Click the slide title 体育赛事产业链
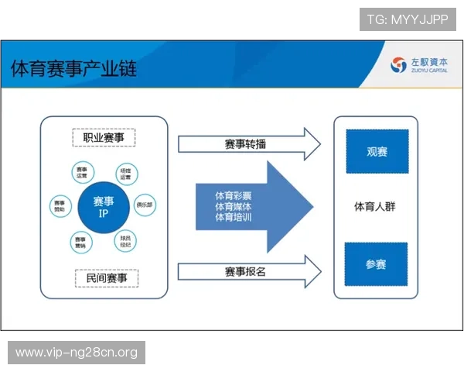click(73, 69)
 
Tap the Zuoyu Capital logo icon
click(399, 65)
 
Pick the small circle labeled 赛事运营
click(82, 172)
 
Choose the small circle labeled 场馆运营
click(125, 172)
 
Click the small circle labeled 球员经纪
click(125, 240)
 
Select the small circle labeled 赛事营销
click(81, 242)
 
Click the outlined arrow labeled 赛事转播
click(247, 143)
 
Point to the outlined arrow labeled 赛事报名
click(247, 272)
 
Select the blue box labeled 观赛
click(377, 151)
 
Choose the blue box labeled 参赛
click(376, 264)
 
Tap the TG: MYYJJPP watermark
click(408, 19)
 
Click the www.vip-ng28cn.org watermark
click(77, 353)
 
